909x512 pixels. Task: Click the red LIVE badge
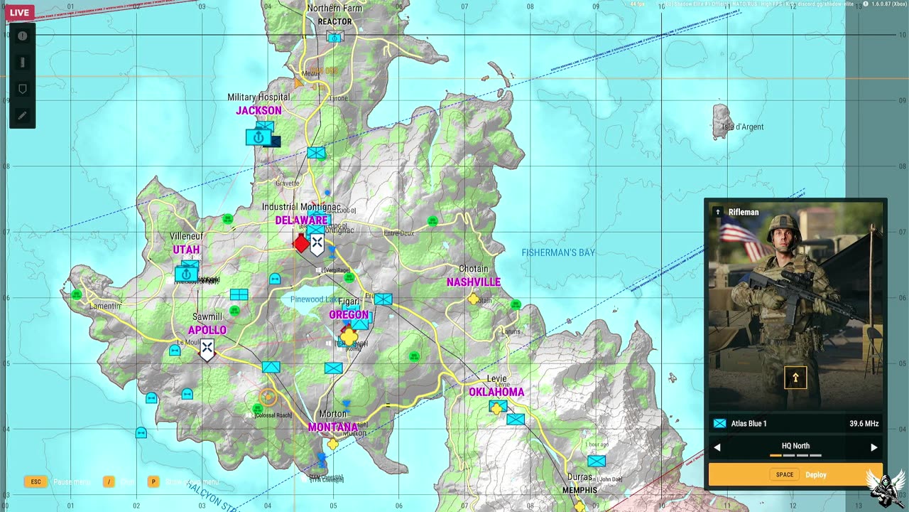coord(19,13)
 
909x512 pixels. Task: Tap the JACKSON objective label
coord(258,111)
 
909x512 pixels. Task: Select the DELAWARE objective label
coord(301,220)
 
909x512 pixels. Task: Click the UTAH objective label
coord(186,250)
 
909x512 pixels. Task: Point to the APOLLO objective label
coord(207,331)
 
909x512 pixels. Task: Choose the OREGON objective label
coord(349,315)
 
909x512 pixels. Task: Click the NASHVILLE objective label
coord(474,282)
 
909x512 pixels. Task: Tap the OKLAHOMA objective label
coord(496,392)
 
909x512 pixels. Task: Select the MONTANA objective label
coord(333,427)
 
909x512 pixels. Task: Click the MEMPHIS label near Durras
coord(579,491)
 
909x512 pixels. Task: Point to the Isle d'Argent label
coord(743,127)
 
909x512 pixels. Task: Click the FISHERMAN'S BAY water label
coord(558,252)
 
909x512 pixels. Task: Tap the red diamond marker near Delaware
coord(301,243)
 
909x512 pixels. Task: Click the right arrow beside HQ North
coord(873,447)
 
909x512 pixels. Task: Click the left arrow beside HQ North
coord(717,447)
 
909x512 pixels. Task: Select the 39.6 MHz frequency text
coord(864,424)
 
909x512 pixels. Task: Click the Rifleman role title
coord(744,212)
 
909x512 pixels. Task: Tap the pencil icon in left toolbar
coord(22,115)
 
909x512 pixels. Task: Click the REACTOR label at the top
coord(334,22)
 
